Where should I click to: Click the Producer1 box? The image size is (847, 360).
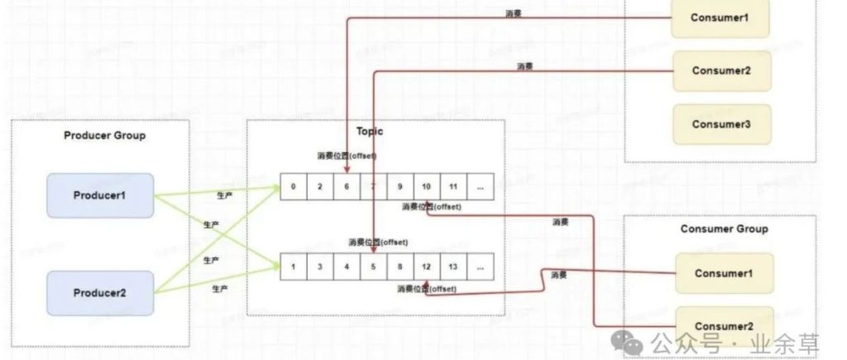(x=100, y=195)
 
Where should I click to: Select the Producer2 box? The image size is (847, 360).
(x=100, y=293)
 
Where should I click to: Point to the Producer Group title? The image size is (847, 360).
(x=104, y=136)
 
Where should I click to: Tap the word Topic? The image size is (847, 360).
(x=370, y=132)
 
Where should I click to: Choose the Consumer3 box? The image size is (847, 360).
(x=720, y=124)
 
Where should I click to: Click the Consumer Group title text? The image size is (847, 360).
(x=724, y=229)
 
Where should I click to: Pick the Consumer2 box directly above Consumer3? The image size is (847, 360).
(x=720, y=70)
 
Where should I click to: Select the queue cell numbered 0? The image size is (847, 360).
(x=294, y=187)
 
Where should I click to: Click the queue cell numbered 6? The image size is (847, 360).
(x=347, y=187)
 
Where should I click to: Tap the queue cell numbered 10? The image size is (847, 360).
(x=427, y=187)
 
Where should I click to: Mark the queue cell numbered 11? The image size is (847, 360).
(x=453, y=187)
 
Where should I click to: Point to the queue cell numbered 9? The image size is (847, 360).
(x=400, y=187)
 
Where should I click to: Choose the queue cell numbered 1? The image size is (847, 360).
(x=294, y=267)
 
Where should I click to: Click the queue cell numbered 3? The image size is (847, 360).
(x=320, y=267)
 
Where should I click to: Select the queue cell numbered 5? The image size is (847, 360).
(x=373, y=267)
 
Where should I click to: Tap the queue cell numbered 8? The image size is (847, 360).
(x=400, y=267)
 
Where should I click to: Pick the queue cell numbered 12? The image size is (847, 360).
(x=427, y=267)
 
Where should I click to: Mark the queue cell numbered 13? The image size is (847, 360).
(x=453, y=267)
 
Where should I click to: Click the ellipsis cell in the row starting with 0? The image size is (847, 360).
(x=480, y=187)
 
